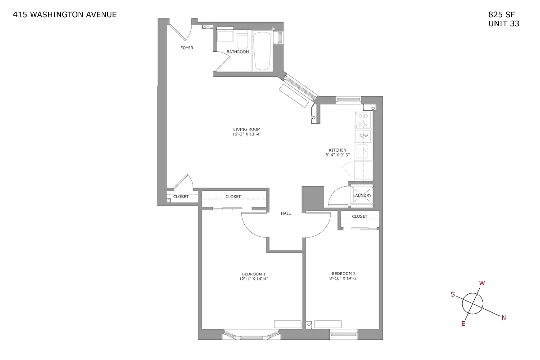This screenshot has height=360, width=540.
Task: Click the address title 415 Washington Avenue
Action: click(x=65, y=14)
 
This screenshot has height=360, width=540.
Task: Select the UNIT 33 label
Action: click(x=504, y=24)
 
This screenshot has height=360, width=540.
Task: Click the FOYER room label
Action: click(x=187, y=48)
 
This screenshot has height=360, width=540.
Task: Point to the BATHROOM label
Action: click(x=238, y=52)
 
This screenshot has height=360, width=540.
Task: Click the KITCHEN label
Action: click(x=337, y=150)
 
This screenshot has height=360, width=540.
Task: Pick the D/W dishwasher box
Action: click(x=364, y=135)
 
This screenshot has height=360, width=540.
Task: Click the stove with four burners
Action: click(x=363, y=120)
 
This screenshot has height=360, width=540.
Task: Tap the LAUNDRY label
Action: click(x=362, y=195)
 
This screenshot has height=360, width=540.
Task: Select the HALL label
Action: click(x=286, y=213)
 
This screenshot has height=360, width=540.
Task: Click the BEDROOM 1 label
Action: click(x=254, y=274)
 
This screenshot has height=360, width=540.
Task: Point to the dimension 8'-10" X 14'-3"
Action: click(x=344, y=279)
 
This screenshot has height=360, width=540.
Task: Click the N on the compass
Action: click(x=504, y=318)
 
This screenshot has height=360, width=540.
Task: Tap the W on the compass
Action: click(x=482, y=283)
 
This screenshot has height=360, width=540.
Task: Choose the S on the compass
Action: click(x=453, y=294)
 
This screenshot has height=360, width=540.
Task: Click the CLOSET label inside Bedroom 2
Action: click(x=360, y=216)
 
